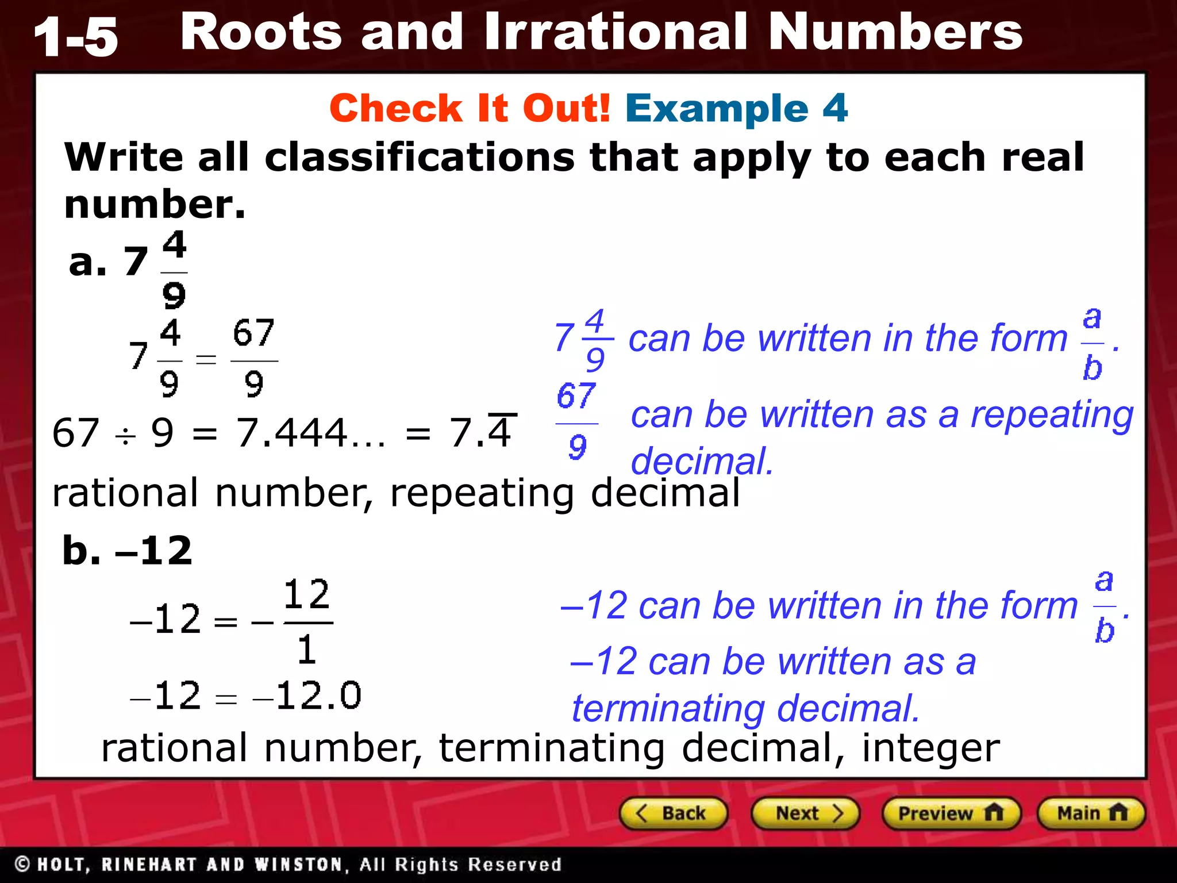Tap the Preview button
[951, 813]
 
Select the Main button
[1091, 813]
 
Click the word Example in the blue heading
[717, 108]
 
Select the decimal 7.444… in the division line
[311, 433]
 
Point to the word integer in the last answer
[931, 748]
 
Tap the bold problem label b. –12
[127, 550]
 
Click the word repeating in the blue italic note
[1052, 415]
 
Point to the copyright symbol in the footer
[22, 864]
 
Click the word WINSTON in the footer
[298, 864]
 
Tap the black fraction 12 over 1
[307, 621]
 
